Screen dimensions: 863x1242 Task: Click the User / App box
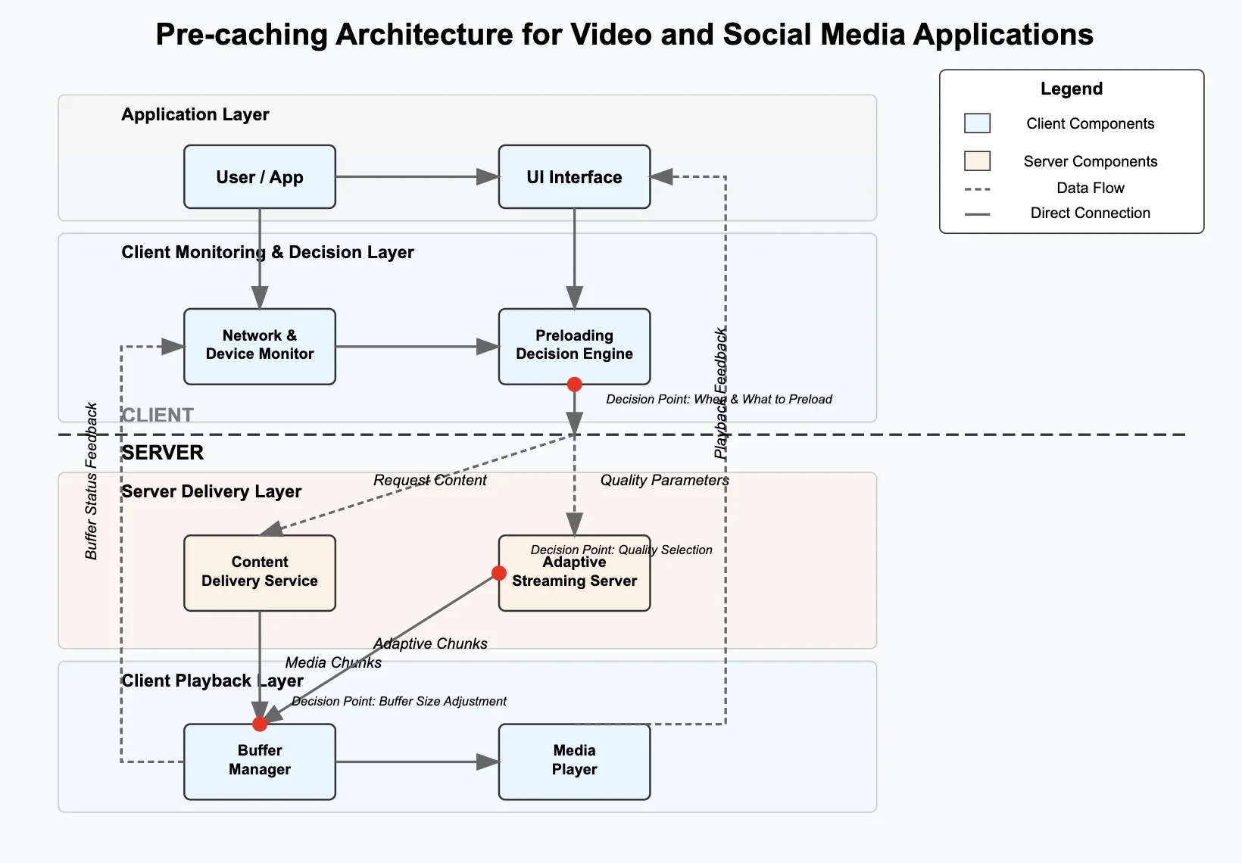tap(260, 177)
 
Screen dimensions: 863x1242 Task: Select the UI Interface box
tap(574, 177)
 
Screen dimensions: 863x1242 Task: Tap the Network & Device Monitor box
tap(260, 346)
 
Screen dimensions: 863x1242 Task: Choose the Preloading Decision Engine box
tap(574, 346)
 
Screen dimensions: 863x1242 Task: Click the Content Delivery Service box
tap(260, 573)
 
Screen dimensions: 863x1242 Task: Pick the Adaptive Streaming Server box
tap(574, 583)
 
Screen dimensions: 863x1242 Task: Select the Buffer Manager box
tap(260, 762)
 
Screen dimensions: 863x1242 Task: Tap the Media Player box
tap(574, 762)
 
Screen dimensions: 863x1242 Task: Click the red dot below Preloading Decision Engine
tap(575, 385)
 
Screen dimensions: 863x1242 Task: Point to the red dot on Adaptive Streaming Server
tap(499, 573)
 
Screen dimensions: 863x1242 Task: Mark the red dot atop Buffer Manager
tap(260, 724)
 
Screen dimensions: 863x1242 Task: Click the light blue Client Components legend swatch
tap(977, 123)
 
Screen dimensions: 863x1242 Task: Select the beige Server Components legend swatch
tap(977, 161)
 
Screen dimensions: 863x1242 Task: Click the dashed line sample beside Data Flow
tap(978, 188)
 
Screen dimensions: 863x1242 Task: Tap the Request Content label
tap(429, 480)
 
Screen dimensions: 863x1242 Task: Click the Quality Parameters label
tap(664, 480)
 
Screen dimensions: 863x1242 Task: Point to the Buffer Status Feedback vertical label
tap(92, 481)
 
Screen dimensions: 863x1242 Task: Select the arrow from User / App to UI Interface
tap(417, 177)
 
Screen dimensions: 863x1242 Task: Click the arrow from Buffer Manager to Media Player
tap(417, 762)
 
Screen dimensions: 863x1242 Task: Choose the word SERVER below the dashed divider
tap(163, 453)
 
